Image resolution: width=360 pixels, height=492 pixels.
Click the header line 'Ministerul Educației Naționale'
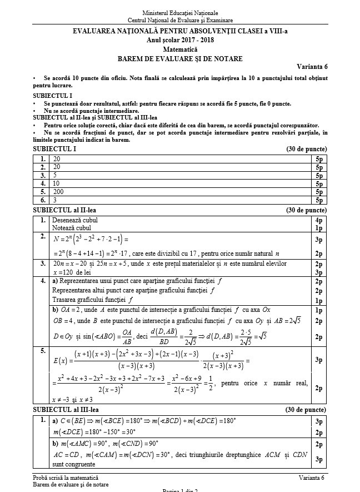coord(180,13)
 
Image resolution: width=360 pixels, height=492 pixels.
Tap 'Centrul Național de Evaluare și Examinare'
coord(180,21)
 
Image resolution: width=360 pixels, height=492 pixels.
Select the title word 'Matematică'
coord(180,49)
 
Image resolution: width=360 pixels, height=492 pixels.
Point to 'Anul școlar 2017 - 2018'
coord(180,40)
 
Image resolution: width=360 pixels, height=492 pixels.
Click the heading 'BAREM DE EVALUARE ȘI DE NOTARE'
coord(180,58)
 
